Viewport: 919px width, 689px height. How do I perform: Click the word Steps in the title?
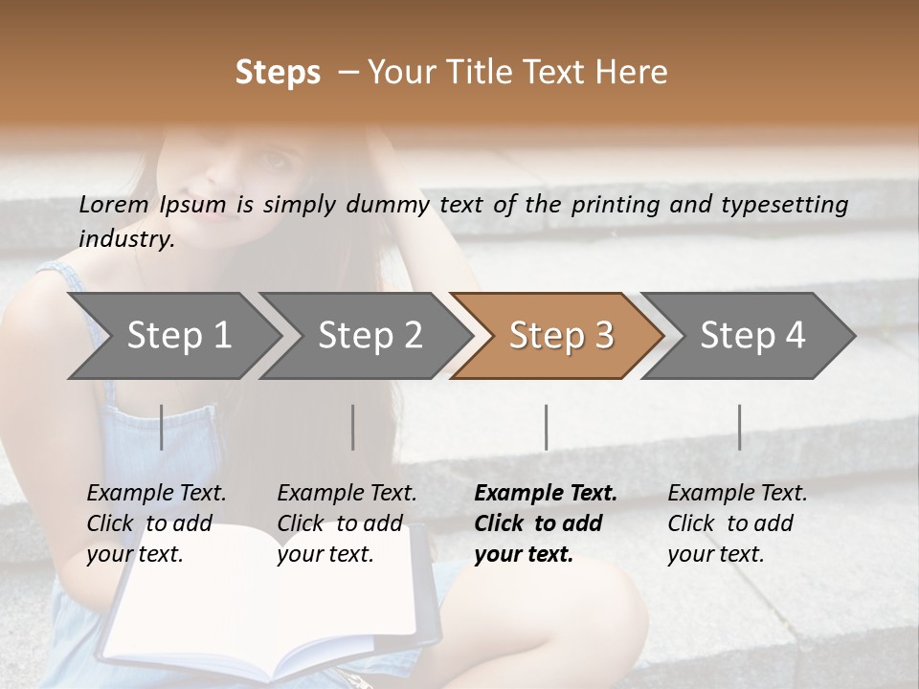tap(278, 73)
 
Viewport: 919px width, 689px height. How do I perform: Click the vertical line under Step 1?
tap(161, 427)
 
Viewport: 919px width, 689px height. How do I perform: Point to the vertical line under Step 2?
tap(353, 427)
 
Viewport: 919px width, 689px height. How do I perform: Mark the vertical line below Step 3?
tap(546, 427)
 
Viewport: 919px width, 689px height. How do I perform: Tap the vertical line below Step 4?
tap(739, 427)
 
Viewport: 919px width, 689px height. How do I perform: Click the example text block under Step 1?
tap(156, 523)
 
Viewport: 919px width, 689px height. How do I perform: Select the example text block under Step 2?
tap(347, 523)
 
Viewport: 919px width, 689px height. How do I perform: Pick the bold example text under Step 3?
tap(545, 523)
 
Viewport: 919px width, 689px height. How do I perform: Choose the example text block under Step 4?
tap(737, 523)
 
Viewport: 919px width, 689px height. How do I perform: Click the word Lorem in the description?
tap(114, 204)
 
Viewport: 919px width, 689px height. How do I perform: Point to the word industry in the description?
tap(125, 239)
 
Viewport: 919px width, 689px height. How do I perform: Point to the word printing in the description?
tap(614, 205)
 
